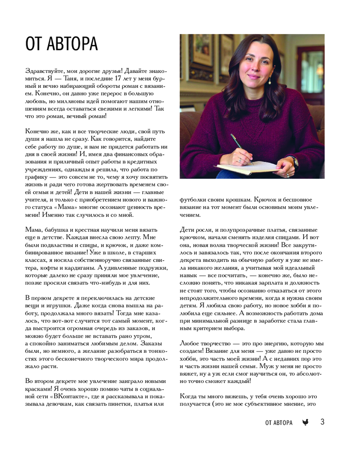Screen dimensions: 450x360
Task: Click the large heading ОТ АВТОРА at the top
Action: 62,45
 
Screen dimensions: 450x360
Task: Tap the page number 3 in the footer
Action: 322,422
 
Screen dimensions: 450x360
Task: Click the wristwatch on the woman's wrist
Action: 295,161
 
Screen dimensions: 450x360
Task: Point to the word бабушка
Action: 58,229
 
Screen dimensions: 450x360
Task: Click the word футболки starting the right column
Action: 194,199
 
